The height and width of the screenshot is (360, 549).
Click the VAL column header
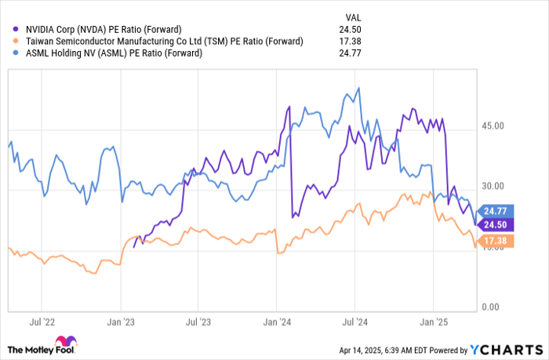[354, 16]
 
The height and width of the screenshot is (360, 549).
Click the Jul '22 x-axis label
[41, 322]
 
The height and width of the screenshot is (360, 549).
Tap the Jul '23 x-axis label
[199, 322]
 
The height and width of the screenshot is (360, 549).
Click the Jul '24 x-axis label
[357, 322]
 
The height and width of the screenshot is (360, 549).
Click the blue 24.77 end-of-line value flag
[496, 210]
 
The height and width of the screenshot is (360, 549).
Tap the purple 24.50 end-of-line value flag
[496, 224]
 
